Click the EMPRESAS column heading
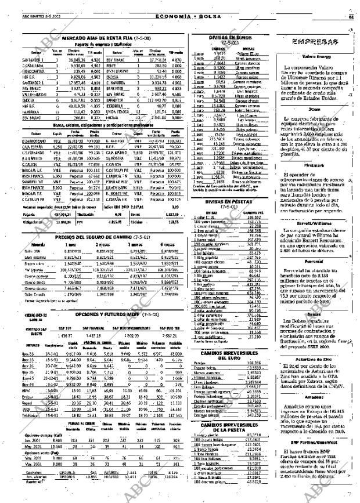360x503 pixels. click(x=315, y=42)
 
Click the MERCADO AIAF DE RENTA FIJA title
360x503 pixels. click(x=102, y=38)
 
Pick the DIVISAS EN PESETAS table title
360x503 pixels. click(x=231, y=218)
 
